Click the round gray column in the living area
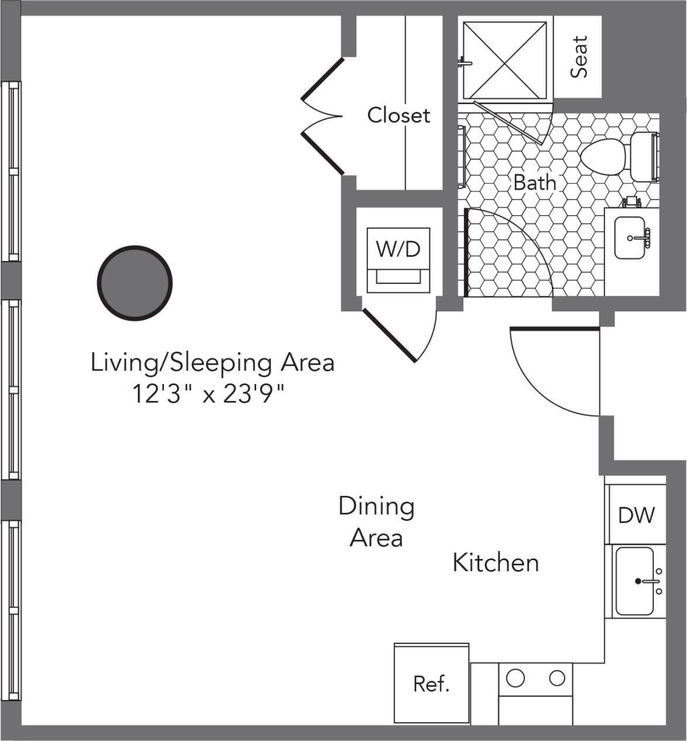135,283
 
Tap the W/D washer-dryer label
398,249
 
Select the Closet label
398,115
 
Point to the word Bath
534,183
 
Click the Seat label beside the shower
579,57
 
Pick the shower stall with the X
505,61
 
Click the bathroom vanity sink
630,238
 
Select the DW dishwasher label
637,515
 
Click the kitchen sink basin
634,581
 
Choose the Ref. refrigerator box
431,684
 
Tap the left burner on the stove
516,679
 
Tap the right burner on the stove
557,679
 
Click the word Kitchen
496,562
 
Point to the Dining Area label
376,522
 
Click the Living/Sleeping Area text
212,362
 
